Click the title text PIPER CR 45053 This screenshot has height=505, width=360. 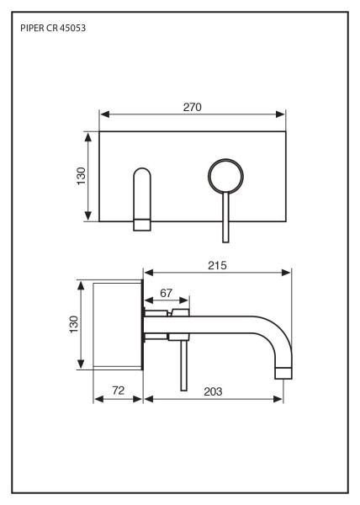coord(53,29)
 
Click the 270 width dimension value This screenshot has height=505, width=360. coord(193,107)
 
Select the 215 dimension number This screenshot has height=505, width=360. coord(217,265)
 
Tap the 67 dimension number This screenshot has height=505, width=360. coord(166,293)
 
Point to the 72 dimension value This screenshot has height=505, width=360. coord(119,391)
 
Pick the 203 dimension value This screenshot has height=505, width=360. coord(213,391)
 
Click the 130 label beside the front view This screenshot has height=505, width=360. coord(82,176)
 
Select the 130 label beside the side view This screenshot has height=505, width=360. coord(74,325)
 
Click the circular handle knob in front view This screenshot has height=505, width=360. coord(225,176)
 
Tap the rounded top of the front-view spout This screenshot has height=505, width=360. coord(142,169)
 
